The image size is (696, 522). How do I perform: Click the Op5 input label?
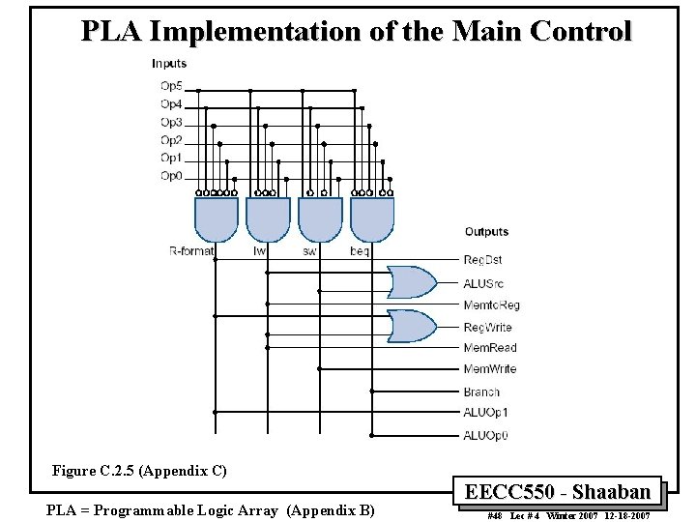tap(171, 86)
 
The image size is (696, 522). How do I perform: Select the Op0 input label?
tap(171, 176)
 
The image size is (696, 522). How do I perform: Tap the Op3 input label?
tap(171, 122)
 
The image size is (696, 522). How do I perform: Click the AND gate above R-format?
tap(217, 219)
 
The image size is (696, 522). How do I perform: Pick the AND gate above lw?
tap(268, 219)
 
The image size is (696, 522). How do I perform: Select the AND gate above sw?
tap(320, 219)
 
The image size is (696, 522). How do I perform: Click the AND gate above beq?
tap(372, 219)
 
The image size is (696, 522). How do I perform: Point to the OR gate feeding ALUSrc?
tap(411, 282)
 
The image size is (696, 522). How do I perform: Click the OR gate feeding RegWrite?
tap(411, 327)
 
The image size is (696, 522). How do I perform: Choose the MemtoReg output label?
tap(491, 304)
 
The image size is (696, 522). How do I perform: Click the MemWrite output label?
tap(489, 369)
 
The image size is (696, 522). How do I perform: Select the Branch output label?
tap(481, 391)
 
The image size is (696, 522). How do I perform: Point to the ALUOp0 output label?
tap(485, 435)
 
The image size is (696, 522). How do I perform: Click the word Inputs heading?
tap(169, 64)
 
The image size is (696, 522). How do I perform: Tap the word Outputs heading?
tap(486, 232)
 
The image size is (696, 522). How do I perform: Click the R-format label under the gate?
tap(191, 251)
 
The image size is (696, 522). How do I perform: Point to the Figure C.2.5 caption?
tap(140, 471)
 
